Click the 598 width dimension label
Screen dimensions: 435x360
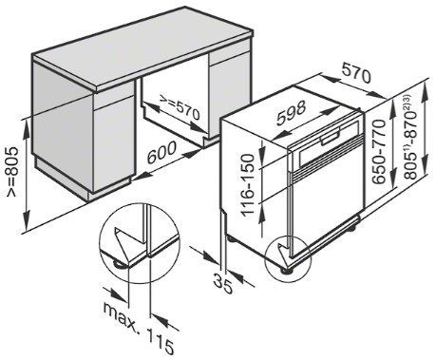tap(291, 112)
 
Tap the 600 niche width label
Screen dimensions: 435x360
tap(161, 152)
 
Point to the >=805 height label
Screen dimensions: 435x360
tap(12, 171)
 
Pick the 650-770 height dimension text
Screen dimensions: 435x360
tap(379, 152)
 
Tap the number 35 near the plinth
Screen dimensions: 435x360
tap(223, 284)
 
